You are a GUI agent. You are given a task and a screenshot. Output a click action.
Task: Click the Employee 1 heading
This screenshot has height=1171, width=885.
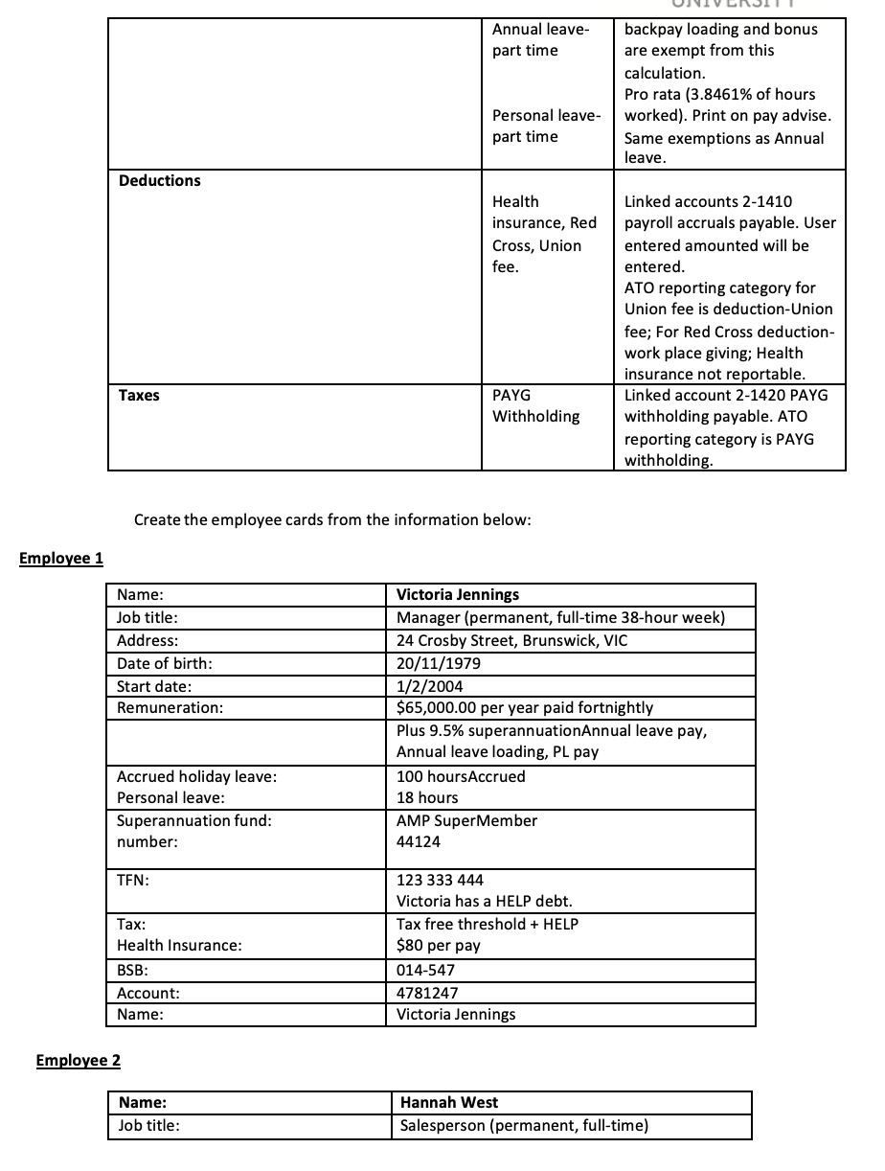point(61,559)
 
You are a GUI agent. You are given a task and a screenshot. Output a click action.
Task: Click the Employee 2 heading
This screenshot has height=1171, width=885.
point(78,1060)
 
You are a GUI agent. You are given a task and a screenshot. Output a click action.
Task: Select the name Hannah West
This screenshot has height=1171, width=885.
point(448,1103)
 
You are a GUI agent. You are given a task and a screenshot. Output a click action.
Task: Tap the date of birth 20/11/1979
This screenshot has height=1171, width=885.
point(439,663)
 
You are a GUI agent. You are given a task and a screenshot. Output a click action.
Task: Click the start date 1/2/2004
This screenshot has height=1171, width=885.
point(431,686)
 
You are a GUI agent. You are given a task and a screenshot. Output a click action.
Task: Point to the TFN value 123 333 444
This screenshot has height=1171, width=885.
point(440,880)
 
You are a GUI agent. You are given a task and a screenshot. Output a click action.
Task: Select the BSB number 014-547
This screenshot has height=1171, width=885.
point(425,970)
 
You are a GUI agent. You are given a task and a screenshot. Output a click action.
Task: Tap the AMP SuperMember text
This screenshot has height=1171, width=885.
point(466,820)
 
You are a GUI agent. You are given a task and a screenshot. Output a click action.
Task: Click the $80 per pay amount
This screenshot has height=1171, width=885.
point(438,946)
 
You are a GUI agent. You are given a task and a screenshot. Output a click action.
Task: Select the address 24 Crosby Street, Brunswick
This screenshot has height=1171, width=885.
point(511,640)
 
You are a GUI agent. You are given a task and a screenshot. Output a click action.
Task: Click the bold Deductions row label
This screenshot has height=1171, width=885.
point(159,180)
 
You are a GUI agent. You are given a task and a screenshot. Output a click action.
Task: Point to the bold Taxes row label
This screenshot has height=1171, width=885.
point(139,395)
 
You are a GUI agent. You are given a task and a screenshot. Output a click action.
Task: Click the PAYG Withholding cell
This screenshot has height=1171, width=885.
point(535,405)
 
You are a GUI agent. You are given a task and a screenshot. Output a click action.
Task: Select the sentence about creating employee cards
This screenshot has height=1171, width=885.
point(332,519)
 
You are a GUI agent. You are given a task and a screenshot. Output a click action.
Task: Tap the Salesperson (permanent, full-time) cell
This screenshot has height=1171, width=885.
point(524,1126)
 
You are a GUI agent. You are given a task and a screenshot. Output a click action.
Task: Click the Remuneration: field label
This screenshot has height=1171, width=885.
point(170,708)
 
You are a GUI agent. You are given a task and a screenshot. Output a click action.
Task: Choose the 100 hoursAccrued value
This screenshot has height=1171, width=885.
point(461,776)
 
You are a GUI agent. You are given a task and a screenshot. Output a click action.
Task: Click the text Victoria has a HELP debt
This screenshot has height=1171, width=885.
point(484,902)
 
